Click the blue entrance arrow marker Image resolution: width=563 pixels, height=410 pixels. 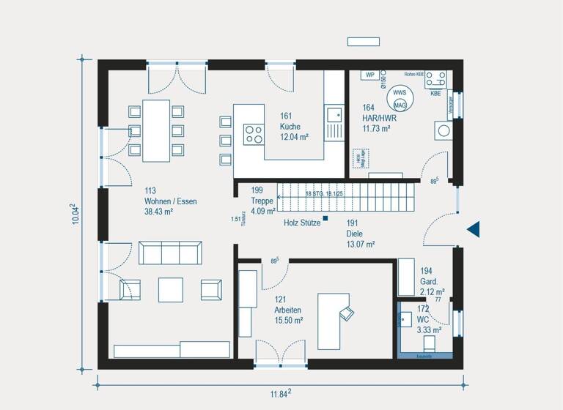[474, 229]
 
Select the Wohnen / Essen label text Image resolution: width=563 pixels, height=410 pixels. [171, 201]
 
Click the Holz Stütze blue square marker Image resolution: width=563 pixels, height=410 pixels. [325, 218]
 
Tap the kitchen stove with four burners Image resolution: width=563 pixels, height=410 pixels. [254, 134]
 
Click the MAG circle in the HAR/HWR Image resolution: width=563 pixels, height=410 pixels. [400, 104]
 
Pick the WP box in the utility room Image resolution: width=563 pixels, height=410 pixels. [370, 75]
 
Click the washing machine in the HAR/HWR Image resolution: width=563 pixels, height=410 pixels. [444, 131]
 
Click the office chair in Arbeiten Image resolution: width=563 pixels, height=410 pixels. [345, 313]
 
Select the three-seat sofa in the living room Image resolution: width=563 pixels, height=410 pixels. [170, 253]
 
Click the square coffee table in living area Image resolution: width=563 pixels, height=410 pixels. [171, 289]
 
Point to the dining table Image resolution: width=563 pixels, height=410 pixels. [156, 130]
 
